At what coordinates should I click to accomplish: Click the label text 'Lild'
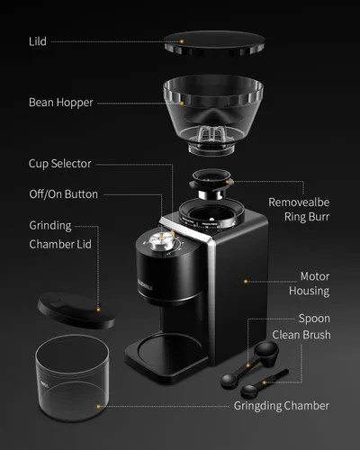pyautogui.click(x=38, y=41)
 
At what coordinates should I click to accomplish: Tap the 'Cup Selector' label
pyautogui.click(x=59, y=164)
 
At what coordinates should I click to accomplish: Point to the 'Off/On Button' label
pyautogui.click(x=63, y=193)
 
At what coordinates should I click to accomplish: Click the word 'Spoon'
pyautogui.click(x=315, y=319)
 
